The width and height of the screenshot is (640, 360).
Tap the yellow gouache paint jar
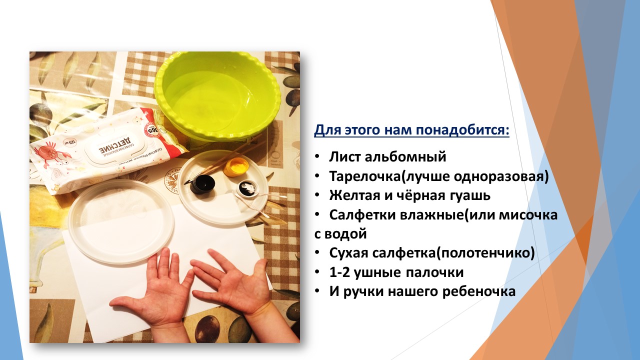235,167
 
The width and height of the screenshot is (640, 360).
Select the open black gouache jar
203,183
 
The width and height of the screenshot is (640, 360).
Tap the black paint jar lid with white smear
249,189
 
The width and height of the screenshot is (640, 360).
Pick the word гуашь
465,195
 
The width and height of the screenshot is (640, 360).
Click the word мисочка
528,215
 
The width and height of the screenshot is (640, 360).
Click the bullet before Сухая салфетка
317,253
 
